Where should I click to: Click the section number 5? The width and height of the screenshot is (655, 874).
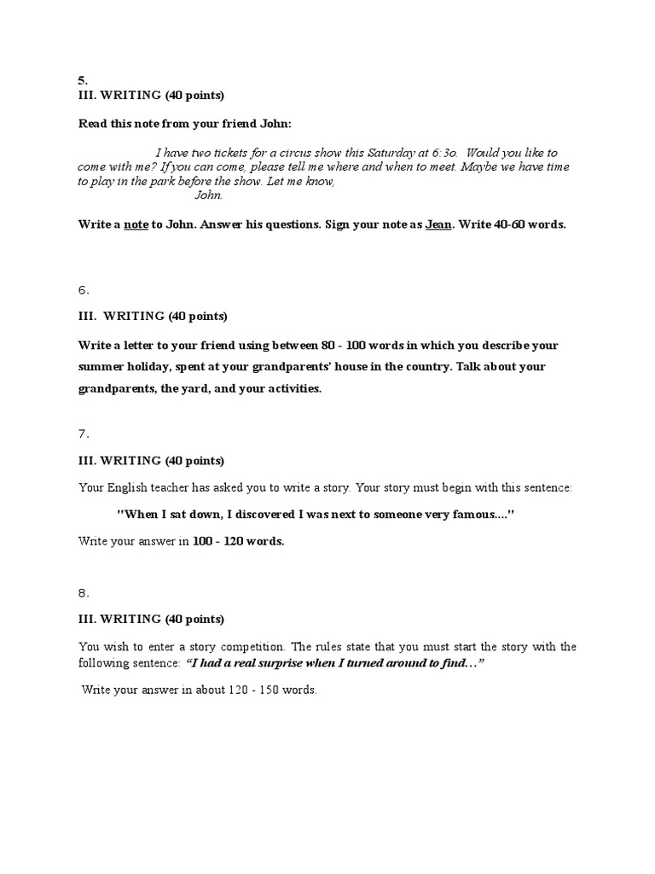pyautogui.click(x=83, y=80)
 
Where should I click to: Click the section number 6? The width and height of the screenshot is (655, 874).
pyautogui.click(x=84, y=290)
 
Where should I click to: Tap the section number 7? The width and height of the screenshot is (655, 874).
pyautogui.click(x=84, y=434)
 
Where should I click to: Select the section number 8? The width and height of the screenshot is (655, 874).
pyautogui.click(x=84, y=592)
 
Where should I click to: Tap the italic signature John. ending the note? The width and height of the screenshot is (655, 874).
pyautogui.click(x=209, y=195)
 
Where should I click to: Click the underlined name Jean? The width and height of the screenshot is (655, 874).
pyautogui.click(x=438, y=225)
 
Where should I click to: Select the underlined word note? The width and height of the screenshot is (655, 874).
pyautogui.click(x=136, y=225)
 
